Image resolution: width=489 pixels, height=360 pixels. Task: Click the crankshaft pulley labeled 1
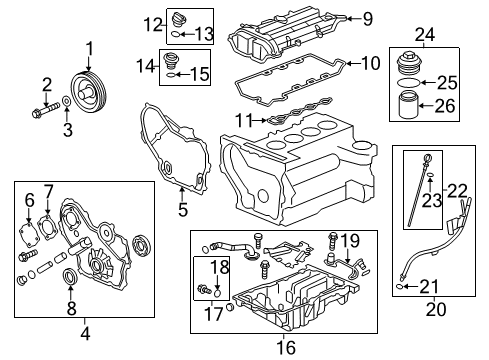point(89,92)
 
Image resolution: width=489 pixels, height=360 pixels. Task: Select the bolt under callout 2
point(46,110)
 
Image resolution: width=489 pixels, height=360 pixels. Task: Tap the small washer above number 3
point(67,101)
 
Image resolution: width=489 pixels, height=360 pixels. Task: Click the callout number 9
point(367,19)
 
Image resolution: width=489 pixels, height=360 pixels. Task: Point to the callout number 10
point(371,63)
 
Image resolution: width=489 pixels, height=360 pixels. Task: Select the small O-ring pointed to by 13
point(176,34)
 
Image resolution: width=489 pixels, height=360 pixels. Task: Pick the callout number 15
point(200,74)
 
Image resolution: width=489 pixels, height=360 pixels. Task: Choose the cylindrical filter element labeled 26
point(408,105)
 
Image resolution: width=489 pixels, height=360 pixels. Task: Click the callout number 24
point(425,35)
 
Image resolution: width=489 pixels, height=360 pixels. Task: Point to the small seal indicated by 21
point(400,286)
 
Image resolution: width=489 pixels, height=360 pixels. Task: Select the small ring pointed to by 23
point(430,174)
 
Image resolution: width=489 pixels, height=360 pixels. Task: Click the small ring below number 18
point(217,293)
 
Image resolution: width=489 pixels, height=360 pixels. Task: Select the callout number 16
point(286,347)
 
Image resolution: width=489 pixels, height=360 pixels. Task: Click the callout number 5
point(183,209)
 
